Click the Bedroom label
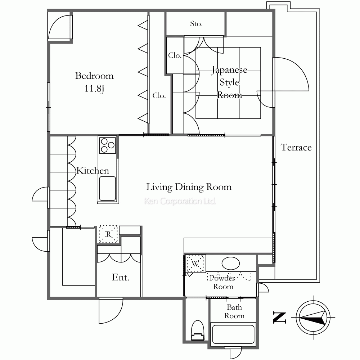pos(94,76)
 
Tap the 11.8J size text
pos(94,89)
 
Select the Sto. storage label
pos(196,24)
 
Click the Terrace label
pos(296,147)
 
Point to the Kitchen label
pos(93,171)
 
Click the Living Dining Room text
pos(189,187)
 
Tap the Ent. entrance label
pos(121,277)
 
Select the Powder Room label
pos(223,282)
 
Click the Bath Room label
pos(234,311)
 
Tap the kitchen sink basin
pos(107,188)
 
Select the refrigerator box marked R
pos(108,234)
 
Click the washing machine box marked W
pos(195,264)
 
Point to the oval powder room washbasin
pos(231,263)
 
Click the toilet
pos(198,330)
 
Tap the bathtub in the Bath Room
pos(233,334)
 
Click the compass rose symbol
pos(313,318)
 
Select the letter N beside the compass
pos(279,318)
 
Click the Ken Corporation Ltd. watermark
pos(180,201)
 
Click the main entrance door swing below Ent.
pos(111,310)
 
